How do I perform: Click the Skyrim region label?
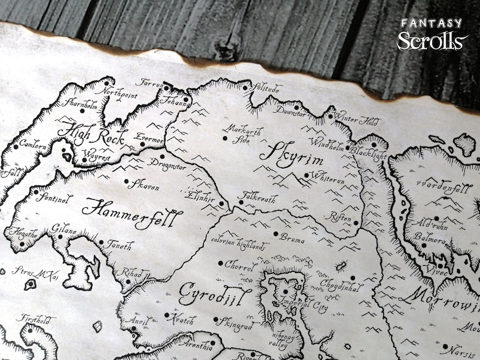coord(291,155)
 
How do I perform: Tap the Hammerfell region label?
coord(123,209)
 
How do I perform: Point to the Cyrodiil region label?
coord(206,294)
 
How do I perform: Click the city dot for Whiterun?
coord(306,176)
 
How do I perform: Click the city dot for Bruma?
coord(276,233)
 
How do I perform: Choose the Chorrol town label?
coord(240,265)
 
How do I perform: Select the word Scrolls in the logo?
coord(432,41)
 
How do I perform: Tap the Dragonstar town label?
coord(170,164)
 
